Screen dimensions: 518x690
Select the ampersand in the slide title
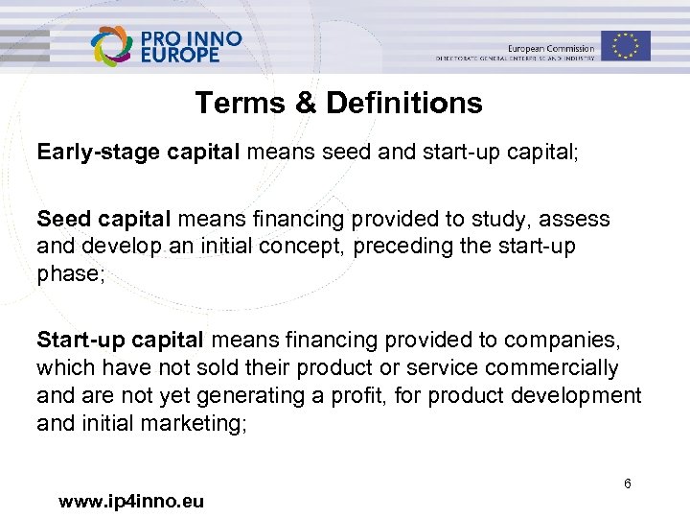tap(305, 103)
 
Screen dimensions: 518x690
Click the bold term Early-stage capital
tap(139, 152)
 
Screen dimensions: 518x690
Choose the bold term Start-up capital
tap(120, 339)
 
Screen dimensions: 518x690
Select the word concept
tap(303, 246)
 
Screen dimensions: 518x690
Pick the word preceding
tap(401, 246)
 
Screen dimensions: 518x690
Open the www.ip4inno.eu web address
tap(130, 501)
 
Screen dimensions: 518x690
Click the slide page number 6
tap(627, 484)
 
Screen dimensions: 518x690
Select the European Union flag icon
tap(626, 45)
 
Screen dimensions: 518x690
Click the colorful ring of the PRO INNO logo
tap(113, 46)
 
